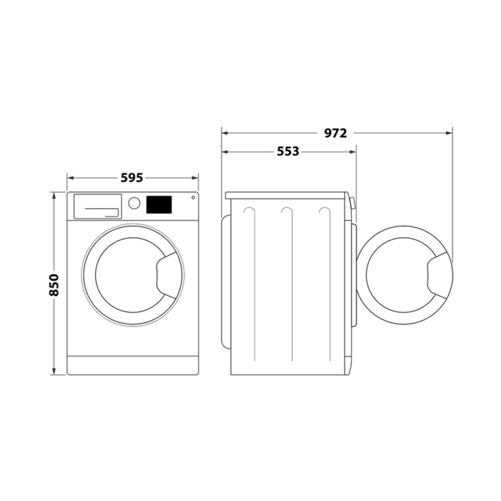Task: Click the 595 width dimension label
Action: pyautogui.click(x=132, y=178)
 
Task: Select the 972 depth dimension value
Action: pyautogui.click(x=336, y=133)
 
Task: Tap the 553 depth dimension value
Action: pyautogui.click(x=287, y=152)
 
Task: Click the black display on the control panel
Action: pyautogui.click(x=159, y=205)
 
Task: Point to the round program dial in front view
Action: pyautogui.click(x=134, y=203)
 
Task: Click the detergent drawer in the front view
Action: pyautogui.click(x=97, y=206)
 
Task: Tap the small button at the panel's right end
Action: pyautogui.click(x=192, y=198)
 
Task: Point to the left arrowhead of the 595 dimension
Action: pyautogui.click(x=70, y=178)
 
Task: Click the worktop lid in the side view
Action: pyautogui.click(x=287, y=195)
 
